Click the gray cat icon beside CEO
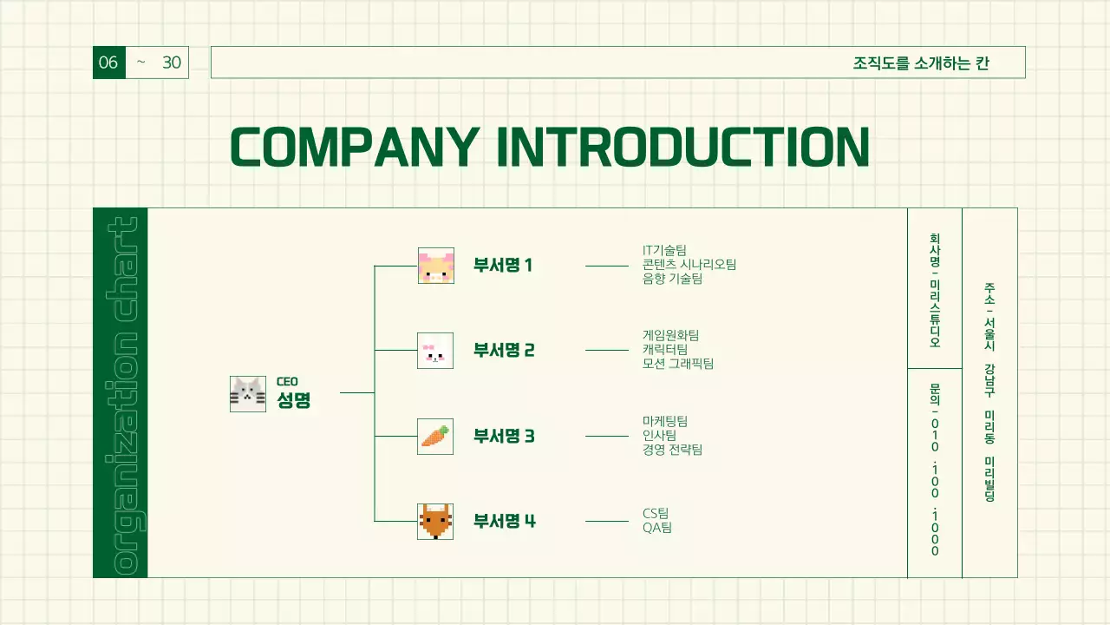(x=248, y=394)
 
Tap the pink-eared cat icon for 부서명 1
(x=436, y=266)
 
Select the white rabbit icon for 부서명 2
(x=435, y=351)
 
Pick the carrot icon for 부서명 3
(x=435, y=436)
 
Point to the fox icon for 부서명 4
(x=435, y=522)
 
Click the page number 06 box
(x=109, y=62)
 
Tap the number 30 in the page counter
(x=172, y=62)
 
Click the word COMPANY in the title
(x=355, y=147)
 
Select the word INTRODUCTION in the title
(x=683, y=147)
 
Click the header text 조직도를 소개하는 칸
(x=921, y=63)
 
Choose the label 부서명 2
(x=504, y=350)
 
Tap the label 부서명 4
(x=505, y=521)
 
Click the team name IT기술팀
(x=664, y=250)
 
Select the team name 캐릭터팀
(x=665, y=349)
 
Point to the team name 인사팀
(x=659, y=435)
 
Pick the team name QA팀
(x=657, y=527)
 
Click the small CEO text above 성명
(x=287, y=381)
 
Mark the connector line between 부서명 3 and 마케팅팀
(x=607, y=437)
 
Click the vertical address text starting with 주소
(x=989, y=391)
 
